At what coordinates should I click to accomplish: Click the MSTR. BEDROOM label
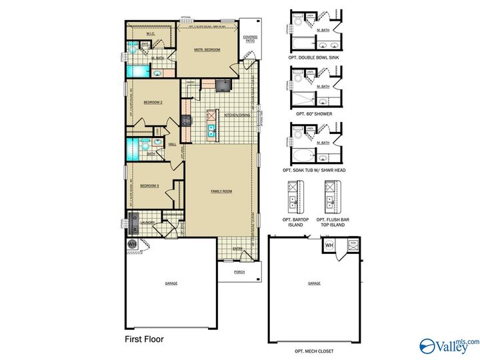tap(207, 50)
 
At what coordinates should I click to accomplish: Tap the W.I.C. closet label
tap(151, 33)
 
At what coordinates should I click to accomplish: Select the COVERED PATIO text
tap(250, 39)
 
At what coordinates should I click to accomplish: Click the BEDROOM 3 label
tap(149, 185)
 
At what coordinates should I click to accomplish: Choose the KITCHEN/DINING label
tap(238, 115)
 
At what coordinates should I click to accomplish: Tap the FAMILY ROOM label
tap(221, 191)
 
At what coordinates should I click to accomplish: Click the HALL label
tap(172, 145)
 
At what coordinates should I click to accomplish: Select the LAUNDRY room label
tap(147, 223)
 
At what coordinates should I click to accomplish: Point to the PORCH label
tap(239, 272)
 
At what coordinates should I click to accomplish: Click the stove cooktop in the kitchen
tap(187, 121)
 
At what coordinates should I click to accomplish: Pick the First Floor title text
tap(144, 339)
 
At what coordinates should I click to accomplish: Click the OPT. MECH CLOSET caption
tap(314, 351)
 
